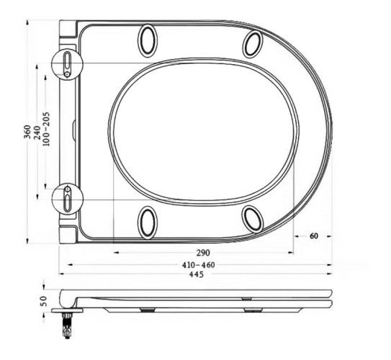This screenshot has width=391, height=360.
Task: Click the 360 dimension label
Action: (27, 132)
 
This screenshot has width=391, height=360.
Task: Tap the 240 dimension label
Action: (37, 133)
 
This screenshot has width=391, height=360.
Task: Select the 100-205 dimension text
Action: (47, 133)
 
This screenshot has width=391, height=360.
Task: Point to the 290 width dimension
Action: (202, 253)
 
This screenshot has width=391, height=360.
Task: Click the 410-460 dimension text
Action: (197, 265)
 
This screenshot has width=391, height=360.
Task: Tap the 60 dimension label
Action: (313, 236)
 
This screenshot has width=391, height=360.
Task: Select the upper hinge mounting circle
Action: (68, 62)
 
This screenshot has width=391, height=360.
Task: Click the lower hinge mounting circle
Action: (68, 197)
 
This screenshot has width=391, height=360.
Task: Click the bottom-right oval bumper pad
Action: (253, 217)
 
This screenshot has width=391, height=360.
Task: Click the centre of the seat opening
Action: (204, 131)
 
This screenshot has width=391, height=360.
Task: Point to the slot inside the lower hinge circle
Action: (67, 197)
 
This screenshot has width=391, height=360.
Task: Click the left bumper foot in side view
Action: (147, 310)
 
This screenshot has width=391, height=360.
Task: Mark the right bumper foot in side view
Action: (253, 310)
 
